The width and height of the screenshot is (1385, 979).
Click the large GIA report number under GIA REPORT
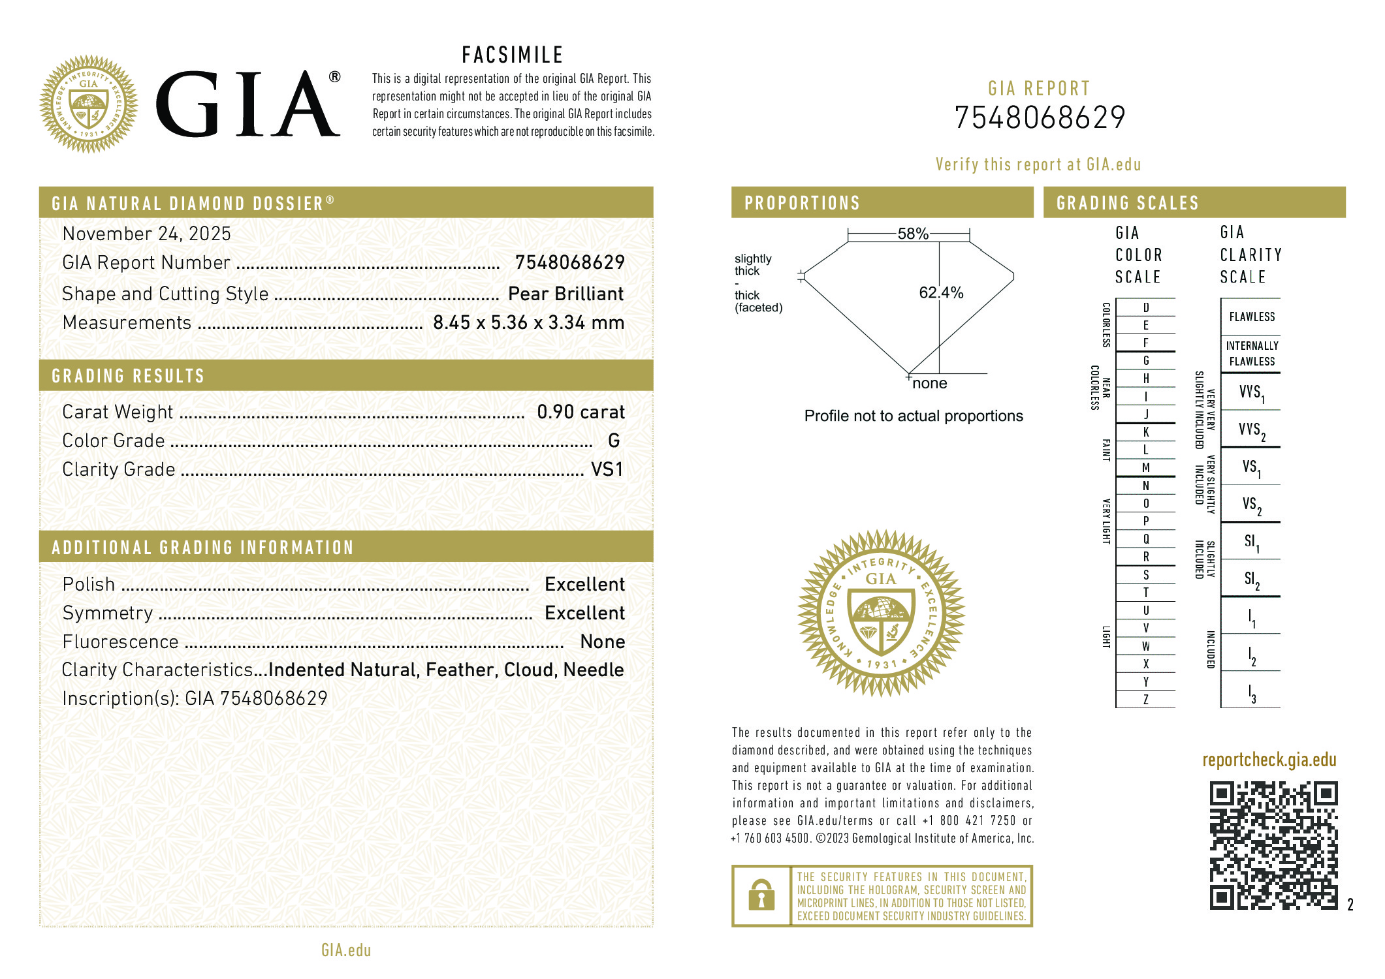[x=1040, y=118]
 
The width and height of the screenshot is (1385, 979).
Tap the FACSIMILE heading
[x=513, y=55]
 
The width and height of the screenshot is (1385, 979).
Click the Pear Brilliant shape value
[x=565, y=294]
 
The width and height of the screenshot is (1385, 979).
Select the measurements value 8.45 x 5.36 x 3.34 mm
[x=528, y=322]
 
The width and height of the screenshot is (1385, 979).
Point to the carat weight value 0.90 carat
[x=581, y=412]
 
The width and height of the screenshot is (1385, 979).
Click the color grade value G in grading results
[x=614, y=441]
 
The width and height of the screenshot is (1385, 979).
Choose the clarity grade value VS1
[x=607, y=469]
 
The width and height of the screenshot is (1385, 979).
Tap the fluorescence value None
[x=602, y=642]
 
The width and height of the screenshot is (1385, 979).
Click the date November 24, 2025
[x=147, y=234]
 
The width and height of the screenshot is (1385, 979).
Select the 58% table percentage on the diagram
[x=912, y=234]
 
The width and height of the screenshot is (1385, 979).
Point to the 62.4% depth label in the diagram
[x=941, y=292]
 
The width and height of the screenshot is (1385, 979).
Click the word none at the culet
[x=929, y=383]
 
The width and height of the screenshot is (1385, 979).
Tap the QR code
[x=1273, y=845]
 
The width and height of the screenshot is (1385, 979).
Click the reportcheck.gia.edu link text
[x=1269, y=760]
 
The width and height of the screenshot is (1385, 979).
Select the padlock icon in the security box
[x=761, y=895]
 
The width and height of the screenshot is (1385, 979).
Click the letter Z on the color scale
[x=1145, y=700]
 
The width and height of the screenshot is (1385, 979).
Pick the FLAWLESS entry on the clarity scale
[x=1252, y=317]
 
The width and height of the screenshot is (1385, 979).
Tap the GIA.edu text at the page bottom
[x=346, y=950]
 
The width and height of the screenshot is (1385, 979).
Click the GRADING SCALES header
[x=1128, y=203]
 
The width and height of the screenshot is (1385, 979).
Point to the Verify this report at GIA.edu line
[x=1038, y=164]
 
